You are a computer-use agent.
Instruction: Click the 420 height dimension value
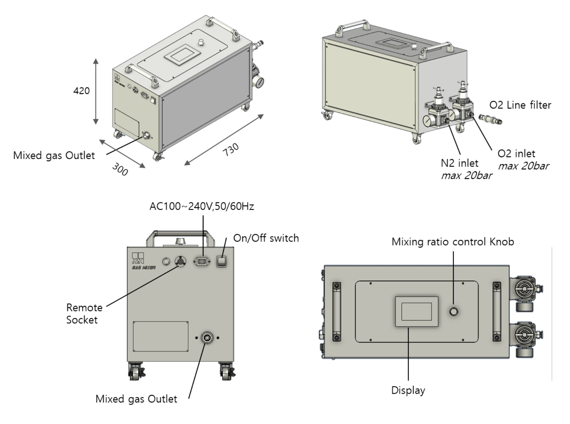81,91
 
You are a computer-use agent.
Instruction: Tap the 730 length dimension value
231,150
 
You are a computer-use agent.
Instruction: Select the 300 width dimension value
120,169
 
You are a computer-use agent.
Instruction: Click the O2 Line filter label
520,105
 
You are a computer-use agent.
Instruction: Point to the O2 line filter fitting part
490,119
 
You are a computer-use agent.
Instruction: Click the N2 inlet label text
459,163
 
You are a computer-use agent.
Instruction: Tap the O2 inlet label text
516,154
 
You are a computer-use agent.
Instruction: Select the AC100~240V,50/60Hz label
202,207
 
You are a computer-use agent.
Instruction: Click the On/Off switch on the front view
222,262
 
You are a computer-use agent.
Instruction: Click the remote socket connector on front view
180,262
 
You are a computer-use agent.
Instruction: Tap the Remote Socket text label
84,314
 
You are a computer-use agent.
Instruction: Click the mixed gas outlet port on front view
207,338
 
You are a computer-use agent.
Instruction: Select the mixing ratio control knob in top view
453,311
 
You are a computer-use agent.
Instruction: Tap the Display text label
408,390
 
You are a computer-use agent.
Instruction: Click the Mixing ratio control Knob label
453,242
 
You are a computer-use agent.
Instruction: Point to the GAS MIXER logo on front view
143,261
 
